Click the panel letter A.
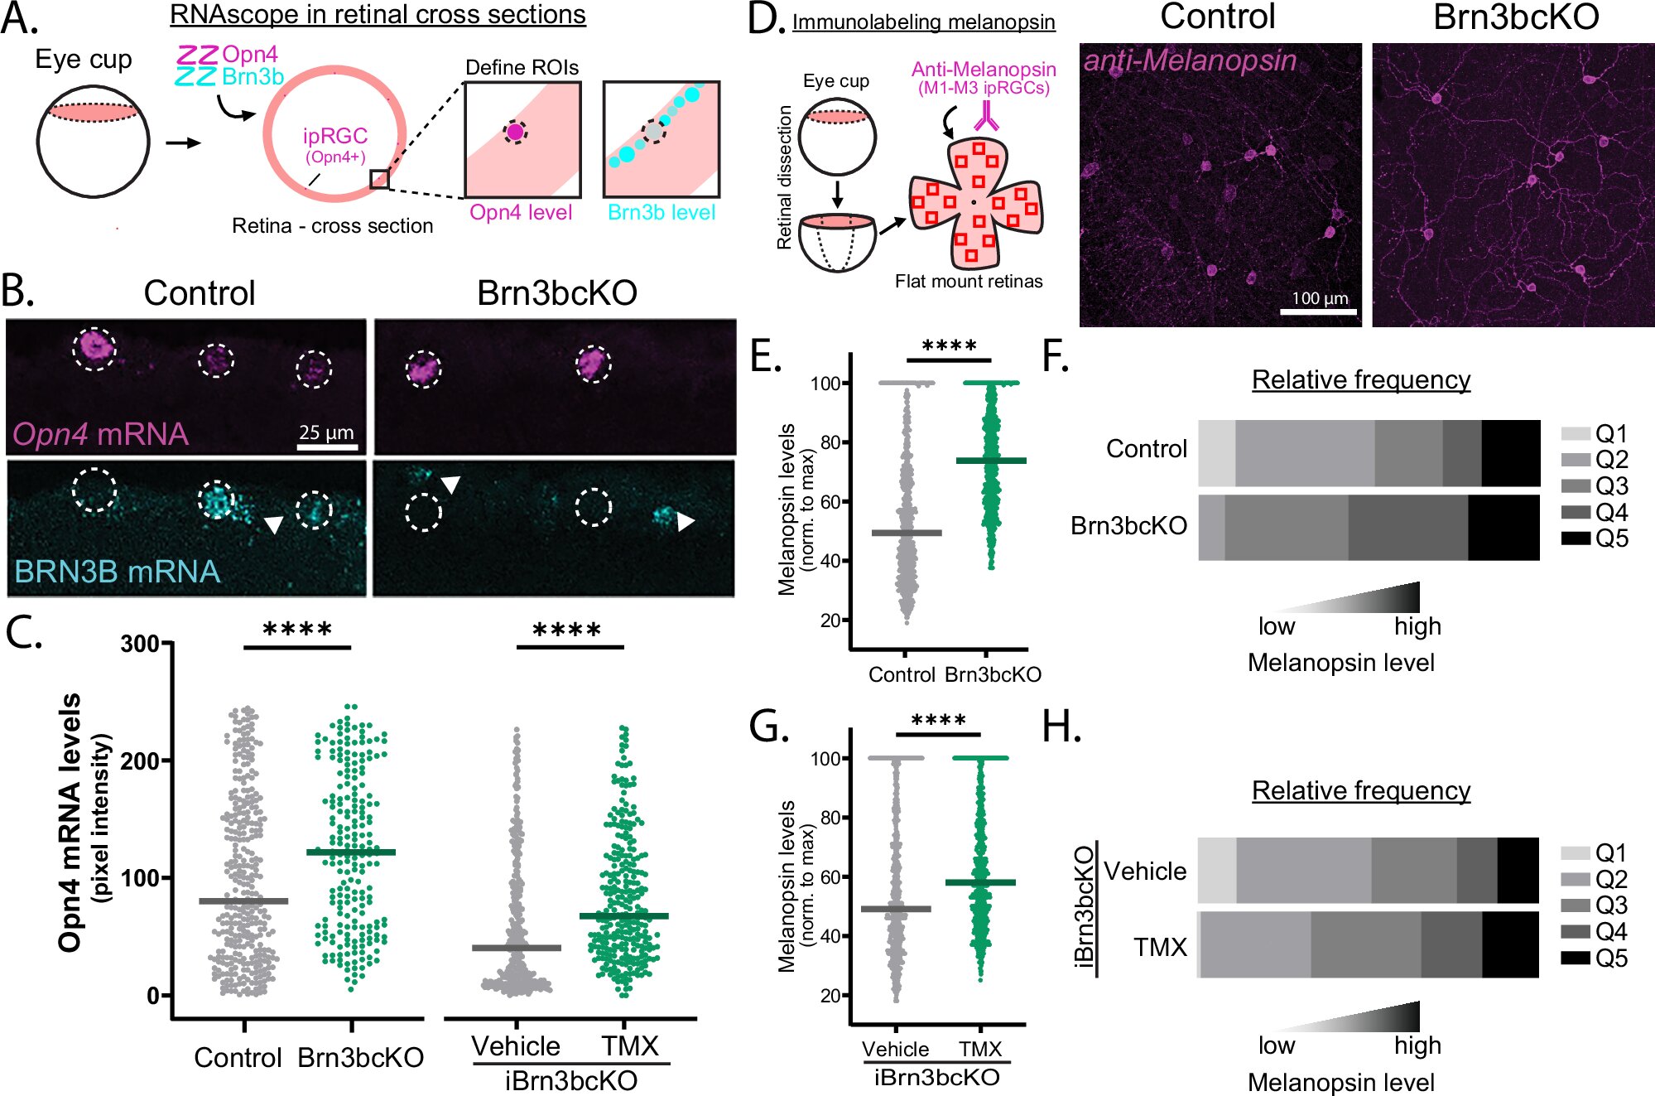click(18, 18)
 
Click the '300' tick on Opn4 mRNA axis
click(140, 644)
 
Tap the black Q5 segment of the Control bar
click(1510, 453)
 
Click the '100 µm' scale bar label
click(1320, 298)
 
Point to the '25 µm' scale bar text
click(326, 432)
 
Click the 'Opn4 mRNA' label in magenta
click(100, 434)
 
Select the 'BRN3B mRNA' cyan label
click(118, 572)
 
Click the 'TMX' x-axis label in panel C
click(629, 1045)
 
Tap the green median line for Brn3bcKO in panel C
click(351, 852)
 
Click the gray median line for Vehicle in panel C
click(516, 947)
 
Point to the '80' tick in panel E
click(830, 442)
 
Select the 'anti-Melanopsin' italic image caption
click(1190, 60)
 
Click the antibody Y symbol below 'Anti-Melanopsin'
click(986, 116)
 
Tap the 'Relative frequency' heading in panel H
click(1360, 790)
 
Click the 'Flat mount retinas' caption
click(969, 282)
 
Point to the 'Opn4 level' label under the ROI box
click(521, 212)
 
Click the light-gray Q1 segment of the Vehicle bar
click(1216, 870)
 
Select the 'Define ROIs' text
click(522, 67)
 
